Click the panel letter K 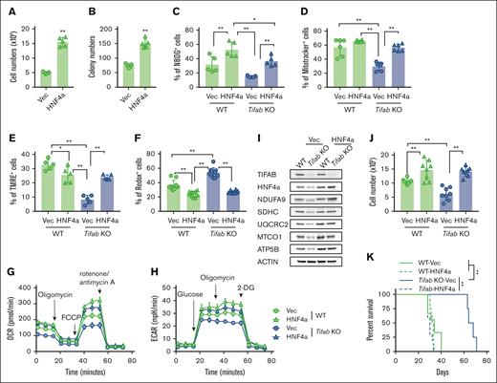[x=382, y=253]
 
